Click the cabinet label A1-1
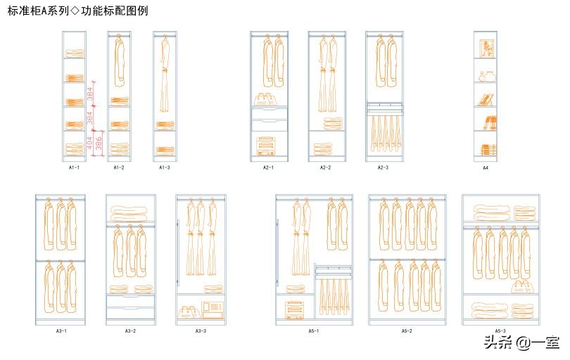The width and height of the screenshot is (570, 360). click(74, 168)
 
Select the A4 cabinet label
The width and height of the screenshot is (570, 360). click(486, 168)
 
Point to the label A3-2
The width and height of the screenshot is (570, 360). click(131, 330)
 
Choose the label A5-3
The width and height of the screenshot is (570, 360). click(500, 330)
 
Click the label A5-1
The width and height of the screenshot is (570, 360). click(314, 330)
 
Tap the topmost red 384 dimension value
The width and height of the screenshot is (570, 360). click(90, 93)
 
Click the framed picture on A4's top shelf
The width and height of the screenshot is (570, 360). click(486, 48)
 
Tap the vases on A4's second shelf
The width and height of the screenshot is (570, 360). click(486, 75)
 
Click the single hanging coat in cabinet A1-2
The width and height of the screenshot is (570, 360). click(119, 60)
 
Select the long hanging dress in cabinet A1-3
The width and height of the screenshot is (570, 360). click(165, 74)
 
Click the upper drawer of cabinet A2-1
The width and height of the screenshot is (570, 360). click(270, 114)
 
